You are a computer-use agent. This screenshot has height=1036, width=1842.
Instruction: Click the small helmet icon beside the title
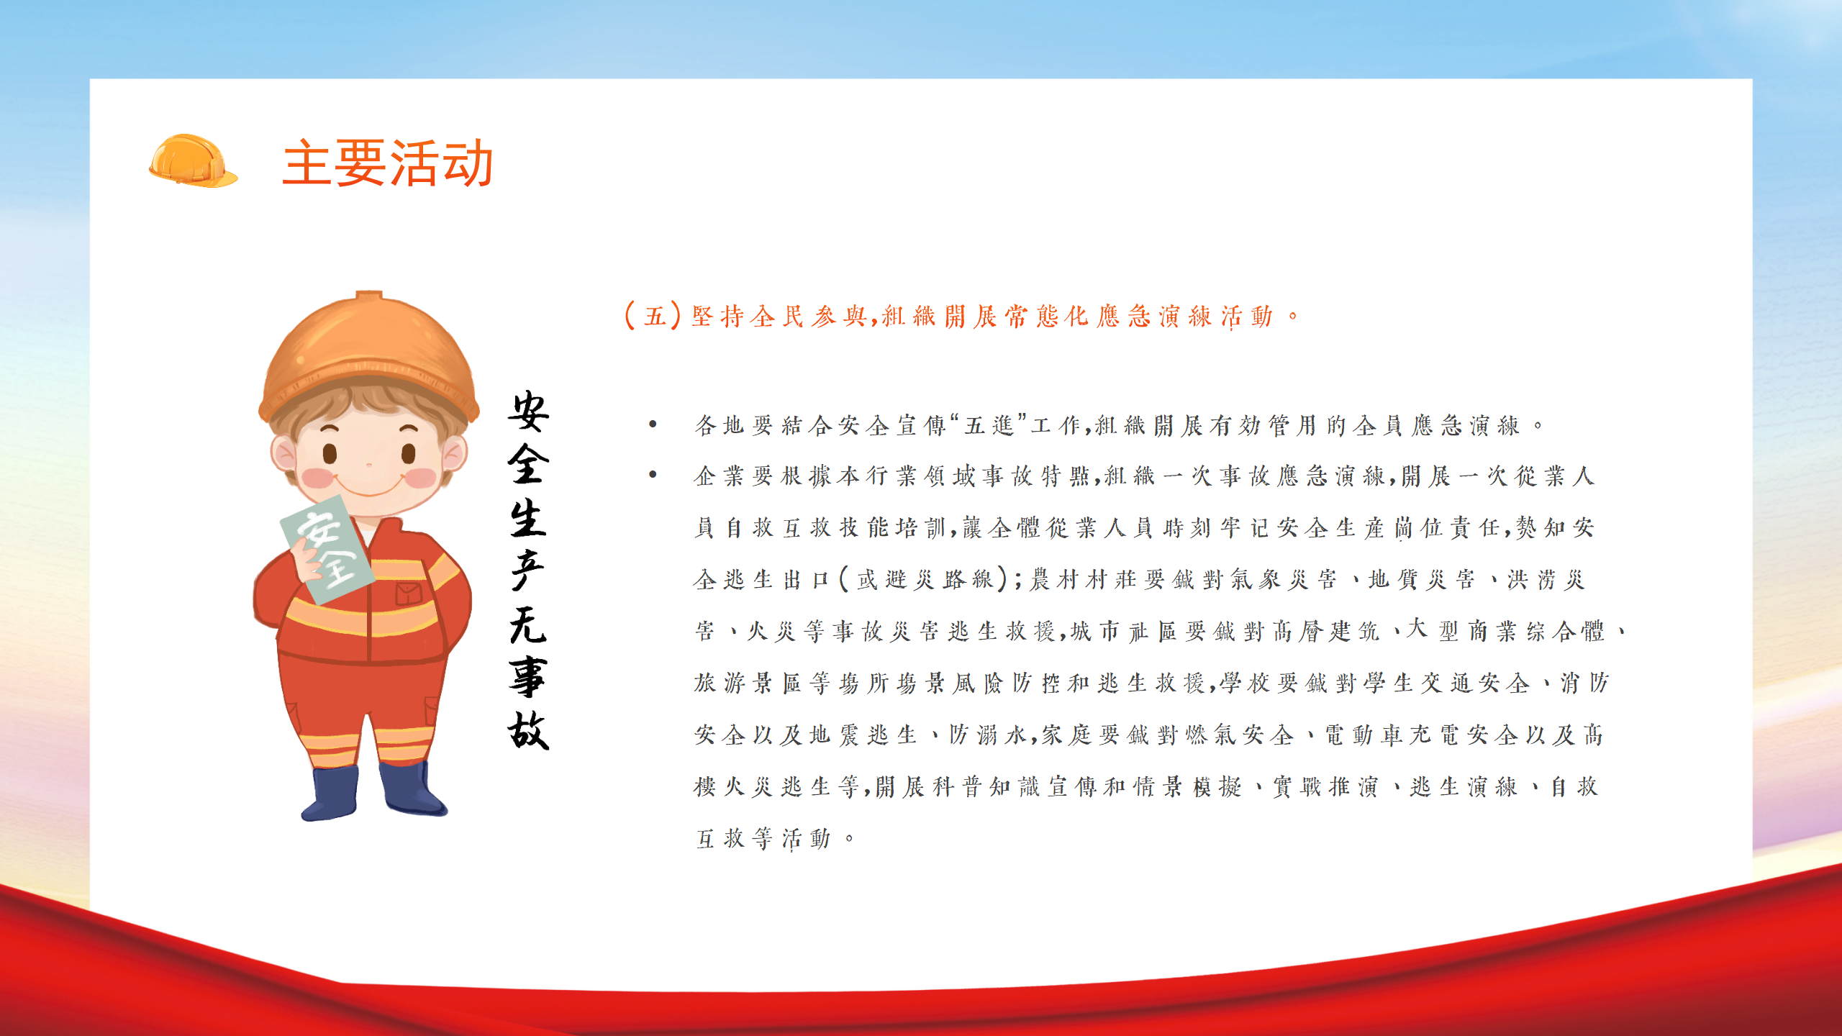pyautogui.click(x=193, y=161)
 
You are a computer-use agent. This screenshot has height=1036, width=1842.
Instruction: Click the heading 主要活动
pyautogui.click(x=388, y=163)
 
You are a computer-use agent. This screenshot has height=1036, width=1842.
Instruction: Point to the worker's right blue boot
pyautogui.click(x=411, y=789)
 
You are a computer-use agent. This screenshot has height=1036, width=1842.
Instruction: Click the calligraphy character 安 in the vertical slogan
pyautogui.click(x=529, y=412)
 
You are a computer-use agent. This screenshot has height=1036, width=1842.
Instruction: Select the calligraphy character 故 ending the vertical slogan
pyautogui.click(x=529, y=730)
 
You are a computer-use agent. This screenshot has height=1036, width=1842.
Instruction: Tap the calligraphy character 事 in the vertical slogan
pyautogui.click(x=529, y=677)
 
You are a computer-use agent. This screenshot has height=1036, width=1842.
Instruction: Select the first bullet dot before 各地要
pyautogui.click(x=653, y=424)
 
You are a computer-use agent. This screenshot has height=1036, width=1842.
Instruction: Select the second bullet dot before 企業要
pyautogui.click(x=653, y=475)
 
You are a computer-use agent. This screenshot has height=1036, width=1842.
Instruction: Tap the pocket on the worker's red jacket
pyautogui.click(x=409, y=594)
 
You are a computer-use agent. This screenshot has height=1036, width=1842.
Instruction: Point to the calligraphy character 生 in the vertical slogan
pyautogui.click(x=529, y=518)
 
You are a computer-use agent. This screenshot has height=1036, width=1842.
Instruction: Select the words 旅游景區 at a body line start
pyautogui.click(x=748, y=682)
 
